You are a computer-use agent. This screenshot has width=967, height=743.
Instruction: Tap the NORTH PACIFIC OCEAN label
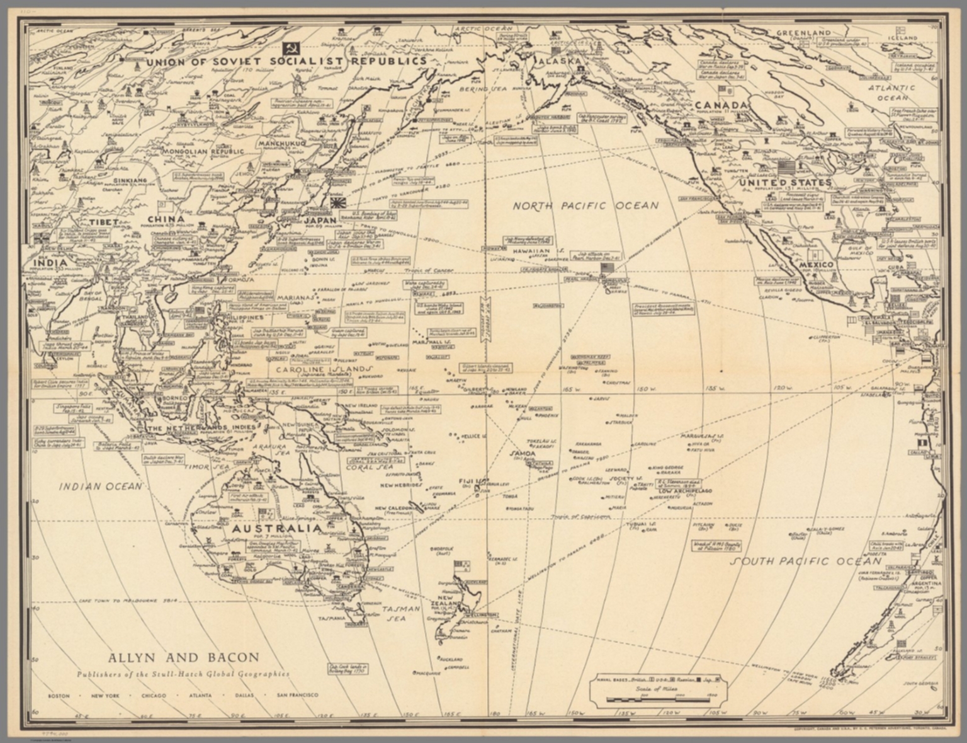point(585,205)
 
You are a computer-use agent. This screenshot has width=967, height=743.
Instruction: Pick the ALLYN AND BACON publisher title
point(184,657)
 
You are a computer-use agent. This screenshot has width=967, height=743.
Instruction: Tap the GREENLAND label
point(803,33)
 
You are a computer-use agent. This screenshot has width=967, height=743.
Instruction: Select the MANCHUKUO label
point(278,144)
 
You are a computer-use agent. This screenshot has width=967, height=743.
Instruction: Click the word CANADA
point(721,105)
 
